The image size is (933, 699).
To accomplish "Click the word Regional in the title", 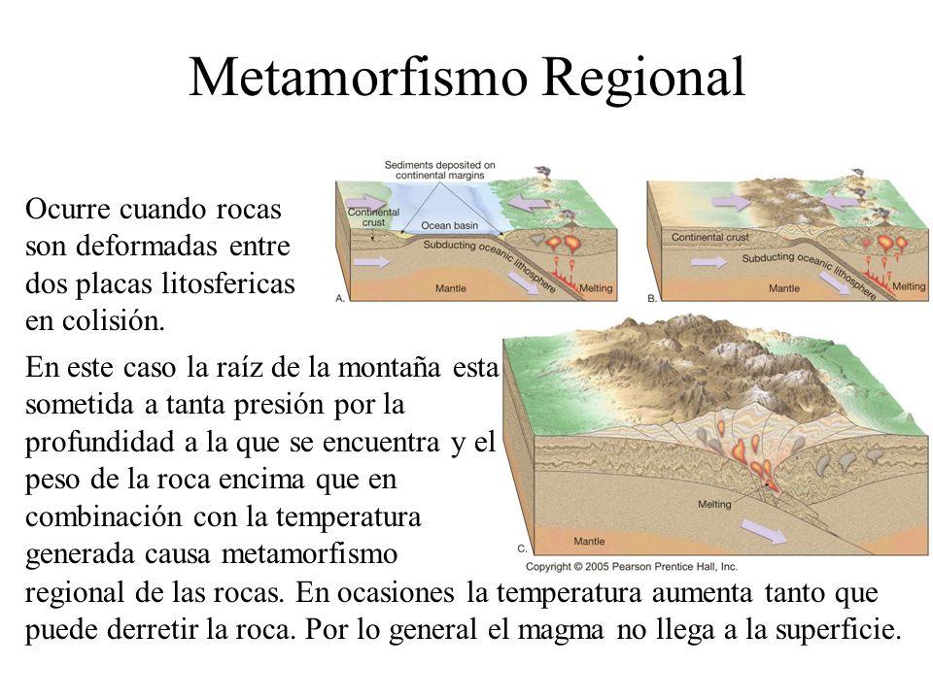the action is tap(643, 79).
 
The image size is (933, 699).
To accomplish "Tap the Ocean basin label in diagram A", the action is tap(449, 225).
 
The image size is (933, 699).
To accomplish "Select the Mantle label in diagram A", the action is tap(450, 288).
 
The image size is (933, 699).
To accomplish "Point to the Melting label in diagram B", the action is tap(909, 285).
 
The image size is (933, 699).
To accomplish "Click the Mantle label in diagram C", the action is tap(589, 541).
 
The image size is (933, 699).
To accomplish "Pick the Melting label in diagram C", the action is tap(714, 504).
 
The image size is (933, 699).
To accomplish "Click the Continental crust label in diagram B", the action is tap(709, 237).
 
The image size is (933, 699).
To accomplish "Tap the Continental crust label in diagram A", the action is tap(373, 216).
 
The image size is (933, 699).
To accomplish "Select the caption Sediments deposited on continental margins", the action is tap(439, 170).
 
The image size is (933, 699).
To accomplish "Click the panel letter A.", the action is tap(340, 298).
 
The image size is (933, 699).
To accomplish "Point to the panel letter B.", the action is tap(652, 298).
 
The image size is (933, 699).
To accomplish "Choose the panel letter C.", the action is tap(522, 549).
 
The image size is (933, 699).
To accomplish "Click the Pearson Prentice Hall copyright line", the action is tap(632, 566).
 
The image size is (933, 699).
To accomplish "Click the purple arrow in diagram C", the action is tap(764, 530).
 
